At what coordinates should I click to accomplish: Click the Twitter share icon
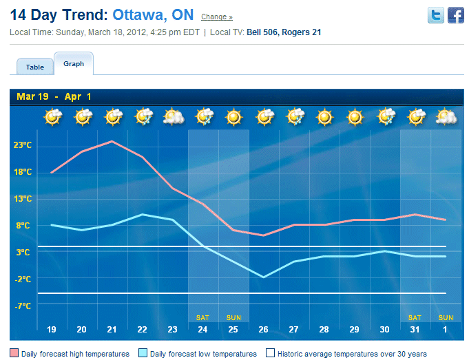click(x=435, y=16)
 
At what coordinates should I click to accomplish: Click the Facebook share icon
click(x=456, y=16)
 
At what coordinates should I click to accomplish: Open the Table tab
click(x=35, y=67)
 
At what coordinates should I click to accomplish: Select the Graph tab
click(x=74, y=64)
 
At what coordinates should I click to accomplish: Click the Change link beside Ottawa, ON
click(x=216, y=17)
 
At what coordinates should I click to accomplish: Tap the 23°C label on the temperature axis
click(x=23, y=145)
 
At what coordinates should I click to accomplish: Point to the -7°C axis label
click(x=23, y=306)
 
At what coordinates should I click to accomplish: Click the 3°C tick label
click(x=23, y=253)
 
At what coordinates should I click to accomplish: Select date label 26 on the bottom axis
click(x=264, y=330)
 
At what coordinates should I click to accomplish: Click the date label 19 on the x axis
click(x=52, y=330)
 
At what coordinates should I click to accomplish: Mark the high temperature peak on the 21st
click(x=112, y=141)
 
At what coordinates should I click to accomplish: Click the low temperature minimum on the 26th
click(x=264, y=277)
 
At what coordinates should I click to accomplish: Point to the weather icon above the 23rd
click(x=173, y=117)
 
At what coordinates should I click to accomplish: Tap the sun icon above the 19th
click(x=52, y=117)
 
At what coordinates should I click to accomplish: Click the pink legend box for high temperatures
click(x=14, y=354)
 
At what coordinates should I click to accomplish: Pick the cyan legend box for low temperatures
click(x=143, y=354)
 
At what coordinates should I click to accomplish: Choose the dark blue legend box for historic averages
click(x=270, y=354)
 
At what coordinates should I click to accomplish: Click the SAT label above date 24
click(x=202, y=317)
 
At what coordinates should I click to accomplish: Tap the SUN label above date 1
click(x=446, y=317)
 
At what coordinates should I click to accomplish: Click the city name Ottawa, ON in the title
click(x=153, y=14)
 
